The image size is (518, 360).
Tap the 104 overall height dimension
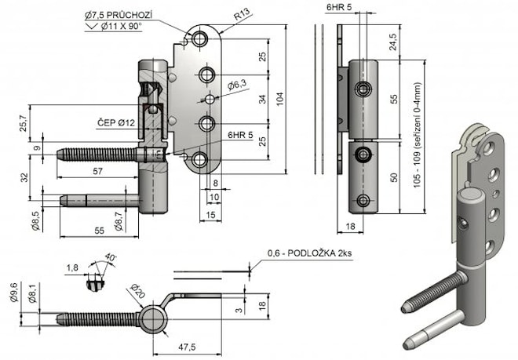click(281, 96)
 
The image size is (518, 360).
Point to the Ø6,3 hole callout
click(236, 84)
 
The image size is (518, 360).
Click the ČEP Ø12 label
click(116, 122)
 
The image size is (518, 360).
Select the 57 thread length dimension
click(97, 170)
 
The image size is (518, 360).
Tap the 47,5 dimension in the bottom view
click(186, 345)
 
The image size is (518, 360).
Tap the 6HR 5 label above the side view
click(339, 7)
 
